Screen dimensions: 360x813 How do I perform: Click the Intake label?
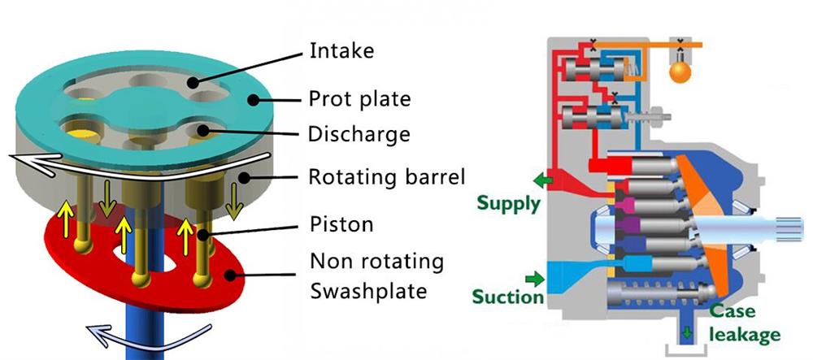coord(341,51)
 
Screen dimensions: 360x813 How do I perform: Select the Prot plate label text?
coord(359,100)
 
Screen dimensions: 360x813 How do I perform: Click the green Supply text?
coord(509,202)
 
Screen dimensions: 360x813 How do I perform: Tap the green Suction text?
coord(507,297)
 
